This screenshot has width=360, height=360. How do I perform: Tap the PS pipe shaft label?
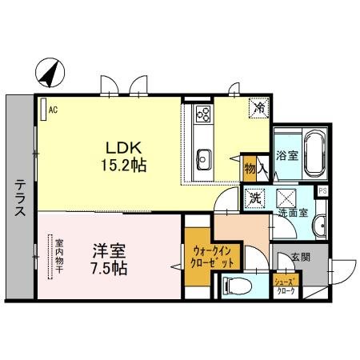tap(323, 190)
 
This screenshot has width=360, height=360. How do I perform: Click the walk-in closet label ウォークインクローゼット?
tap(213, 255)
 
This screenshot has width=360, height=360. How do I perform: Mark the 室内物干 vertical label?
tap(58, 255)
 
